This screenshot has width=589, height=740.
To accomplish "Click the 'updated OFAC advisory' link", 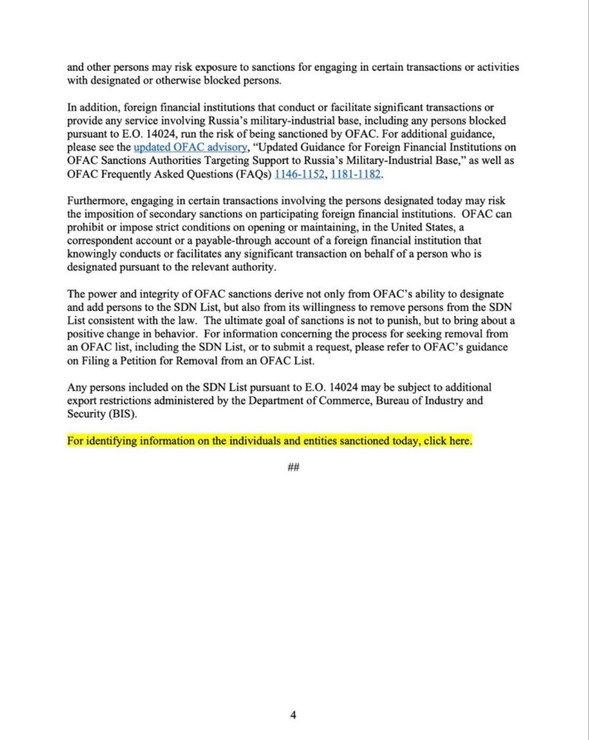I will click(190, 147).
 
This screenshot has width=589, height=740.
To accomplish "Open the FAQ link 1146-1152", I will click(299, 174).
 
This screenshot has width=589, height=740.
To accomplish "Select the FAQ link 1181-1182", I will click(355, 174).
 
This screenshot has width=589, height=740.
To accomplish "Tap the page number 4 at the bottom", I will click(293, 715).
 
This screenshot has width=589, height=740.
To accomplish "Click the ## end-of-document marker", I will click(293, 467).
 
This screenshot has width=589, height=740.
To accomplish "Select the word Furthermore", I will click(97, 201).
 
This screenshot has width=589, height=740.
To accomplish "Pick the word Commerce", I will click(343, 401).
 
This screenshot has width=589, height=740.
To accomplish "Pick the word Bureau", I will click(393, 401).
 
